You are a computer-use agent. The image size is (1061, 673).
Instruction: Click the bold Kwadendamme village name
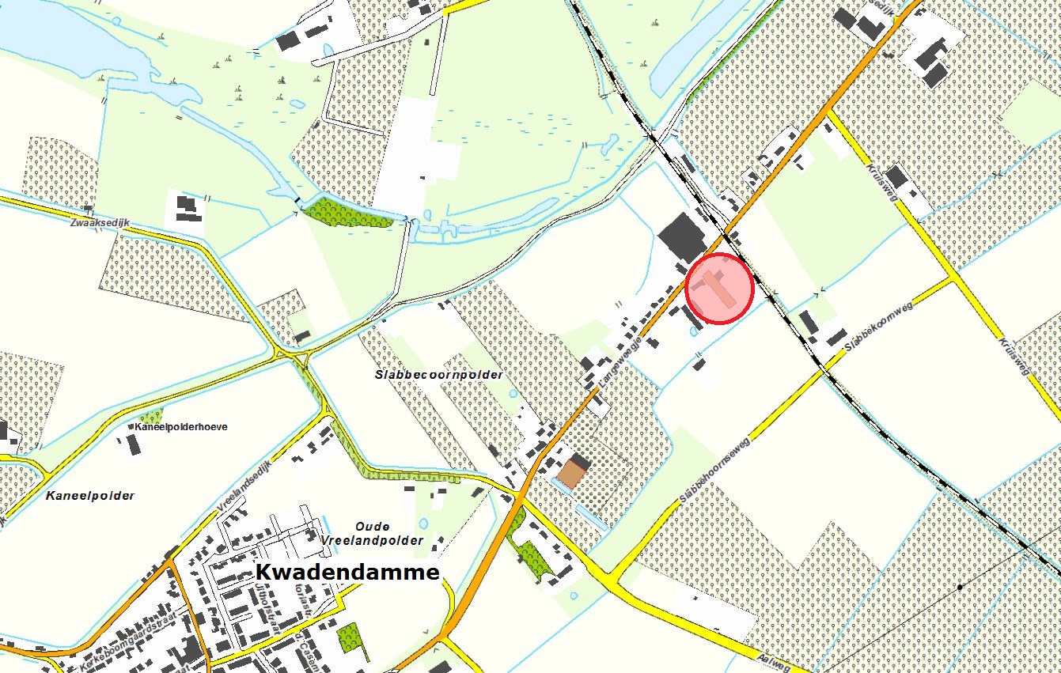click(347, 573)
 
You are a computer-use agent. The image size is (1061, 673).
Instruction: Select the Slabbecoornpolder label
click(438, 375)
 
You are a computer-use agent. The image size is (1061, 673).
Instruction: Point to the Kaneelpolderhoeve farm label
click(181, 427)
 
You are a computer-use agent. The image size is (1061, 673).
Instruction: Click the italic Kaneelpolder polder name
click(89, 496)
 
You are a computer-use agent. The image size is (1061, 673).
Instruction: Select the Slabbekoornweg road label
click(878, 325)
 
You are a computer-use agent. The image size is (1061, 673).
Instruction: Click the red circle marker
click(718, 289)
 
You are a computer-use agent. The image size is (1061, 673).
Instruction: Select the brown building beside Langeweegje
click(570, 474)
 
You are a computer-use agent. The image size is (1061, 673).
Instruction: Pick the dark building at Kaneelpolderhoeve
click(134, 444)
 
